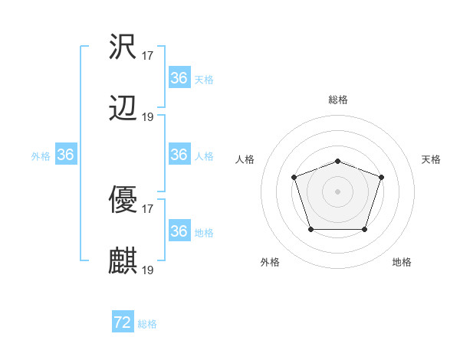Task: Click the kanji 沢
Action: (123, 47)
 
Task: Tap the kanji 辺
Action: (123, 108)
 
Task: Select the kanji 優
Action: (123, 200)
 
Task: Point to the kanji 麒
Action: (123, 261)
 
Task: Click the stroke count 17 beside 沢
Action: (148, 55)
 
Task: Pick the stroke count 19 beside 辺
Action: (148, 116)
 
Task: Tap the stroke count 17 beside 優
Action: (148, 208)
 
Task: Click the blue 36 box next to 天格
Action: (179, 78)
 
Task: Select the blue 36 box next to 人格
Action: (179, 155)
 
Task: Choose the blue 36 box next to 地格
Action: (179, 231)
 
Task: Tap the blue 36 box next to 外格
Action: (66, 155)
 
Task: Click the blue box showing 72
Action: (123, 322)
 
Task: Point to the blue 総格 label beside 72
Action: (147, 324)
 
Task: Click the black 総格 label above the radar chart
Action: (337, 100)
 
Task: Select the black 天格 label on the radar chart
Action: (432, 159)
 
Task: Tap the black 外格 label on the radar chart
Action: (270, 262)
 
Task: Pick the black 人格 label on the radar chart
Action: (245, 159)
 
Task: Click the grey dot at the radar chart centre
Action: (337, 190)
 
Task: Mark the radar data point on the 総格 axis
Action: (337, 161)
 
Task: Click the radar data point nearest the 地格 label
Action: (365, 229)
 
